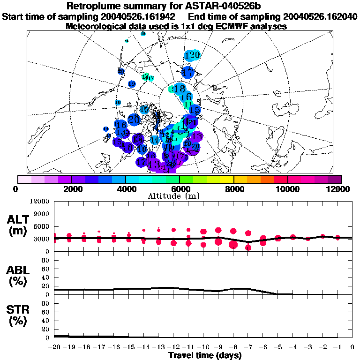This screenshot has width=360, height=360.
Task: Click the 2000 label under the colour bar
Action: coord(72,189)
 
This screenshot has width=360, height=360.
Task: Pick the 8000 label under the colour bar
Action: coord(234,189)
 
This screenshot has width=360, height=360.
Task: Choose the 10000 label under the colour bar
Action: coord(288,189)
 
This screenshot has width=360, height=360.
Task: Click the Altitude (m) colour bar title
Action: coord(180,196)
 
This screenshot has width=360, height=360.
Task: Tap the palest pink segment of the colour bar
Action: coord(25,179)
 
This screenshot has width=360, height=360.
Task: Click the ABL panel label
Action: coord(18,276)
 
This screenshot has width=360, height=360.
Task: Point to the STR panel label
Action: coord(18,315)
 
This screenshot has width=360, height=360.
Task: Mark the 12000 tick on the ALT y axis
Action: coord(39,202)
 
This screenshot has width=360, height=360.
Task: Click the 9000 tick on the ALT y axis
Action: coord(41,214)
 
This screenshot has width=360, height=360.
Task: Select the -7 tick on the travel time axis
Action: coord(248,347)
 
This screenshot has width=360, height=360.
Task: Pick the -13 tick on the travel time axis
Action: coord(158,347)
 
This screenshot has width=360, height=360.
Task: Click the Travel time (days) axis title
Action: coord(205,356)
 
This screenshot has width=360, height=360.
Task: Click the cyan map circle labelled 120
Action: coord(193,55)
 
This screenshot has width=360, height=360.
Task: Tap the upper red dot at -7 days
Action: coord(248,233)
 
